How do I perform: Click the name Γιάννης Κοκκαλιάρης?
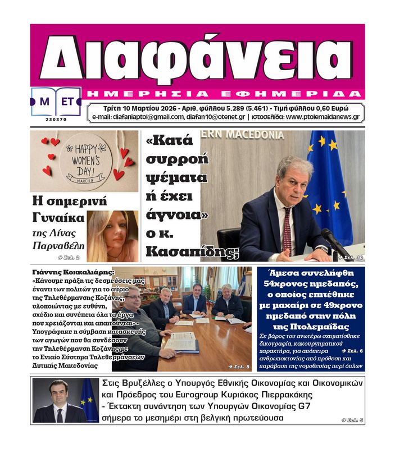(x=74, y=272)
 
